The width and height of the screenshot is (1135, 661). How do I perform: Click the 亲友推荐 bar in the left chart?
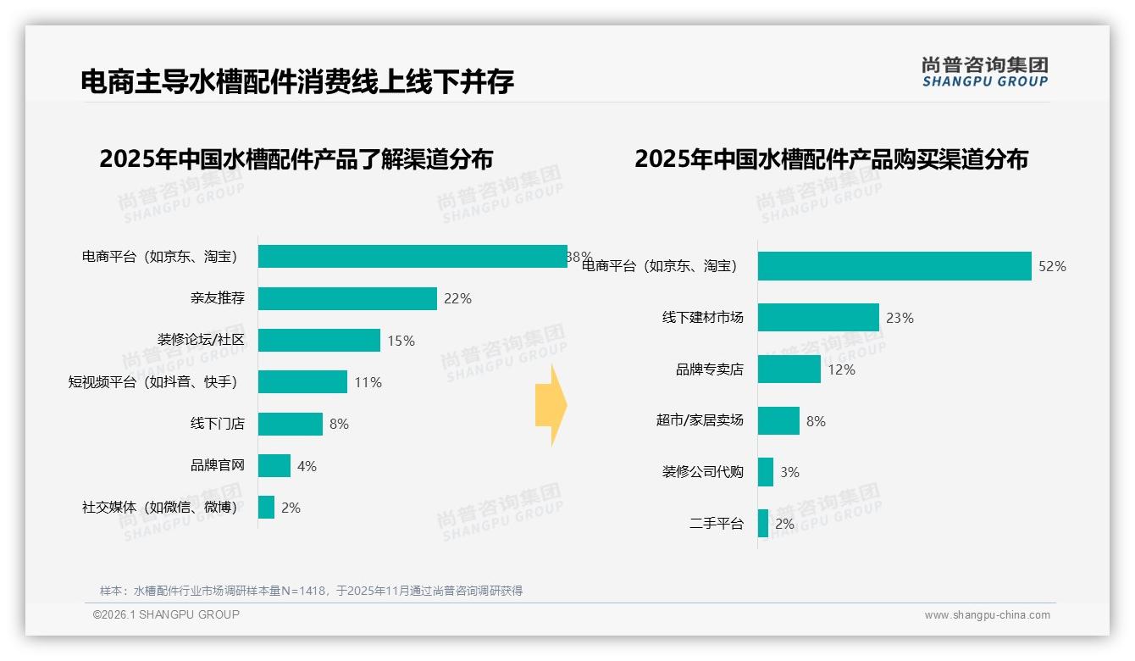(x=347, y=298)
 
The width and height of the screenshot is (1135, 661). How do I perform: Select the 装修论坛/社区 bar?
(x=319, y=340)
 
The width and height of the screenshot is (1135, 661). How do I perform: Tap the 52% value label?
(x=1052, y=266)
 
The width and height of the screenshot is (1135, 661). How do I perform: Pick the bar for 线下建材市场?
(x=818, y=318)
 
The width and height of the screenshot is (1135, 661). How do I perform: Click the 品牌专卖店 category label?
(x=709, y=369)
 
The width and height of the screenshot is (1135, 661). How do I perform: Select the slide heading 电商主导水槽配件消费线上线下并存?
(x=297, y=81)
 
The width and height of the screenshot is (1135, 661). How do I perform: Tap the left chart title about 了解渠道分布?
(x=296, y=159)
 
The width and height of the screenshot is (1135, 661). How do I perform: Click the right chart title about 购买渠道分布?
(x=831, y=159)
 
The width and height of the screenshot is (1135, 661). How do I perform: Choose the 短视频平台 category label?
(x=152, y=382)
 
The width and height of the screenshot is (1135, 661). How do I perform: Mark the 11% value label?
(x=368, y=382)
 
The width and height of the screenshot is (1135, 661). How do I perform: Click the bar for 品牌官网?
(x=274, y=465)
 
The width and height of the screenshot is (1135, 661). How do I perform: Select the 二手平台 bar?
(x=763, y=523)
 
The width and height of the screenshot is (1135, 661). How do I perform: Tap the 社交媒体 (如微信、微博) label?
(x=159, y=508)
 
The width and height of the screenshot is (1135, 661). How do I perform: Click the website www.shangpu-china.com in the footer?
(x=987, y=615)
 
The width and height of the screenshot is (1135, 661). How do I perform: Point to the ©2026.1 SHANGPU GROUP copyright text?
(x=166, y=614)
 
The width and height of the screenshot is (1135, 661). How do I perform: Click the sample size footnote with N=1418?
(x=311, y=591)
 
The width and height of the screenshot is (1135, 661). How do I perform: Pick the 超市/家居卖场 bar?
(x=778, y=420)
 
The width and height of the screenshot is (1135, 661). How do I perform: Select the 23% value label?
(x=900, y=318)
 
